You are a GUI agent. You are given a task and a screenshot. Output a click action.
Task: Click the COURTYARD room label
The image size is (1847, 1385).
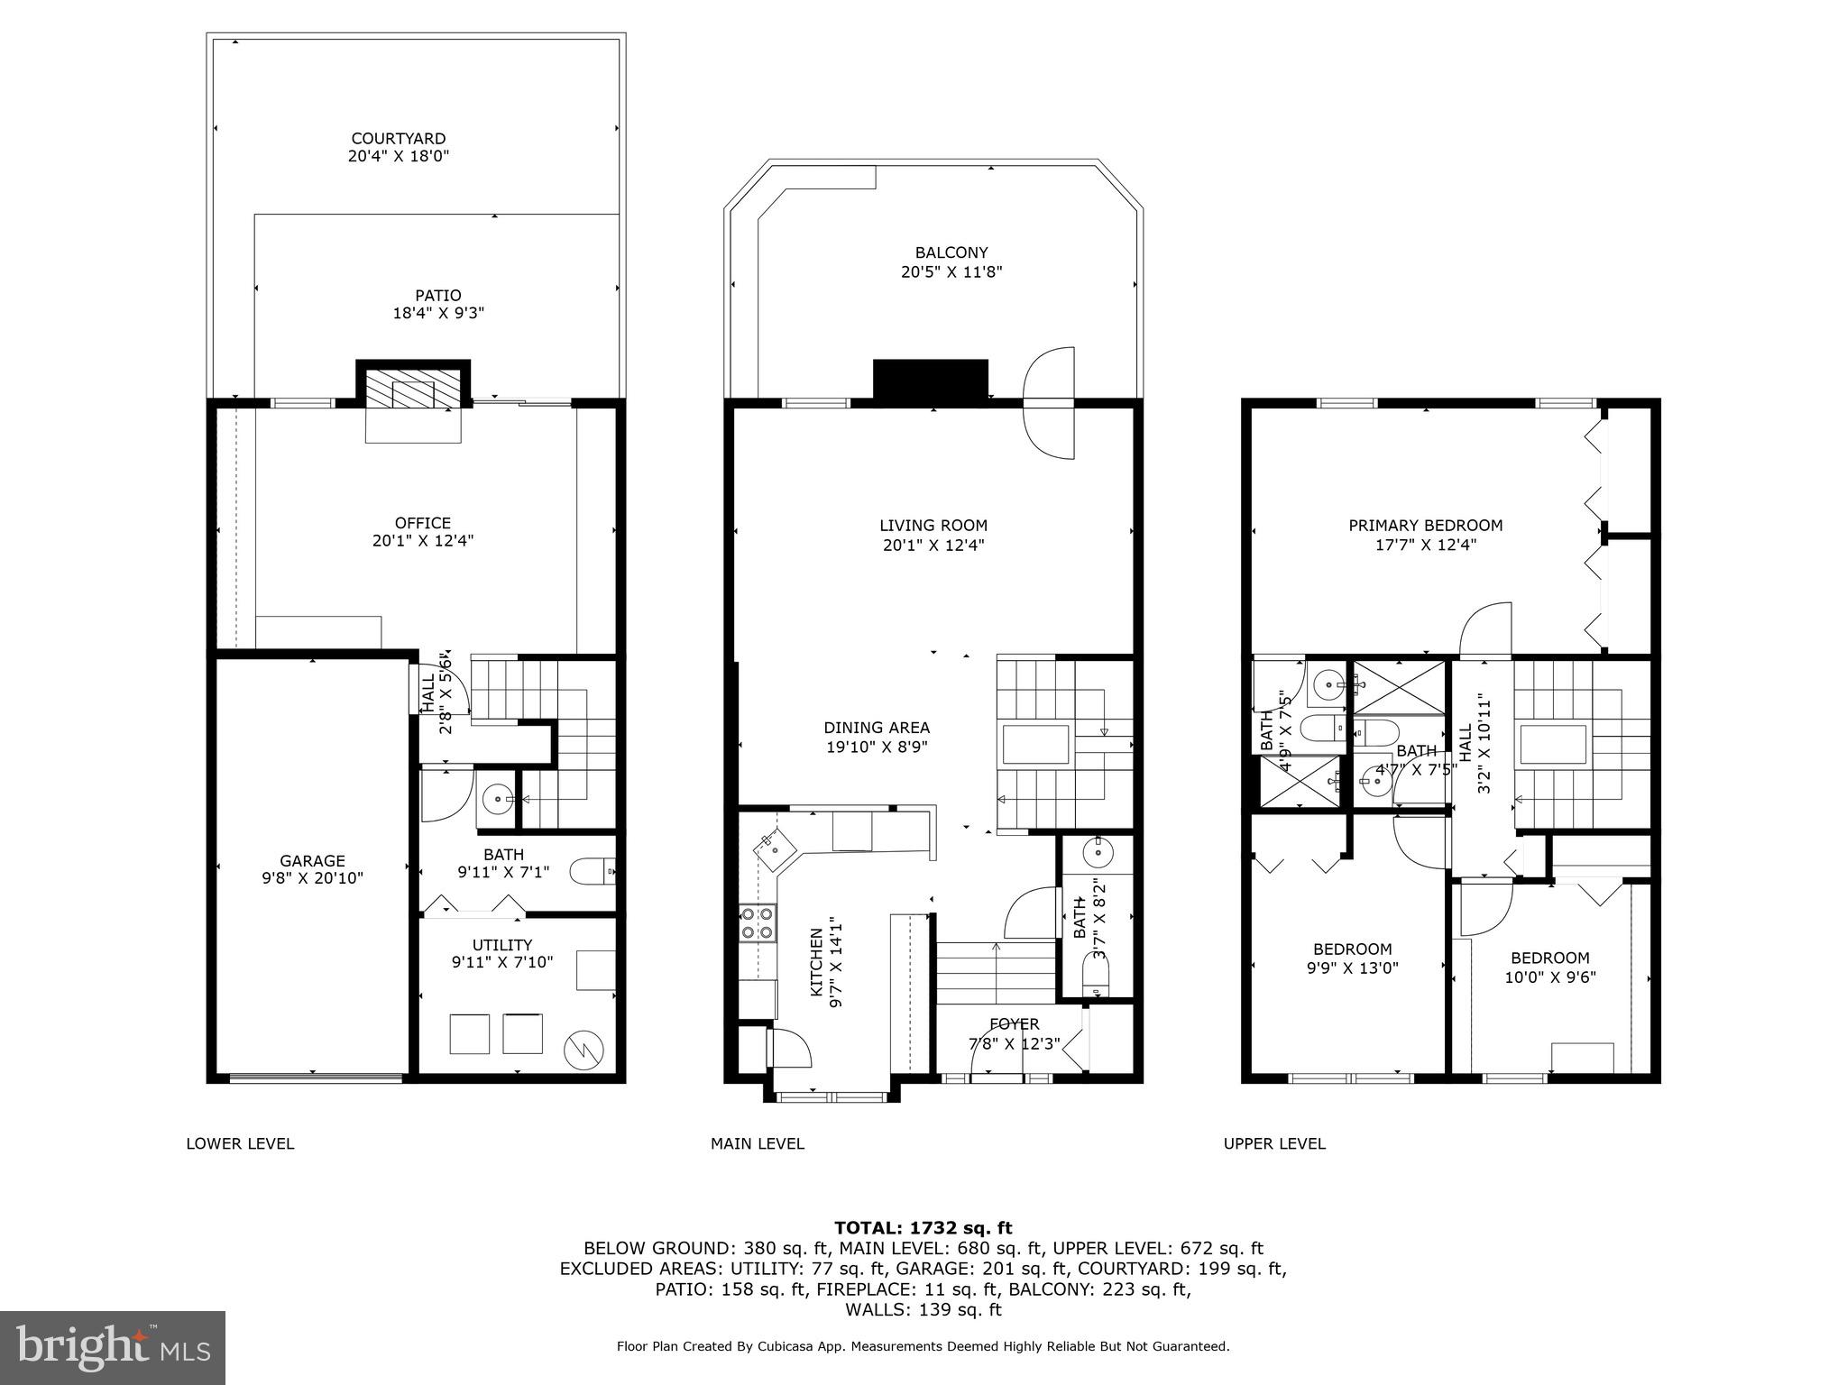tap(398, 139)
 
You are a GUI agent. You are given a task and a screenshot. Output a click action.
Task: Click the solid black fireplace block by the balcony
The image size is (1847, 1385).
tap(930, 379)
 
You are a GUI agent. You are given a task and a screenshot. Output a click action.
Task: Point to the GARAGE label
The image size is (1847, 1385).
tap(312, 860)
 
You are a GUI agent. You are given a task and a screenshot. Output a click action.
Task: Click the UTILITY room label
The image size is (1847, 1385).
tap(501, 944)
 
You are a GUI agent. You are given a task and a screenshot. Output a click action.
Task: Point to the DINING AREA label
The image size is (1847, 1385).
tap(876, 728)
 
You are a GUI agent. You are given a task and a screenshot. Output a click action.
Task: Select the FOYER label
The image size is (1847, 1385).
tap(1014, 1023)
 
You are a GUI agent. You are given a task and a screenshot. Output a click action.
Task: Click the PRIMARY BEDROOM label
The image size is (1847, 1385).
tap(1425, 525)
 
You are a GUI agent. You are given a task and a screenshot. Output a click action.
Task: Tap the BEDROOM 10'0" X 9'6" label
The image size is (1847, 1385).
tap(1549, 958)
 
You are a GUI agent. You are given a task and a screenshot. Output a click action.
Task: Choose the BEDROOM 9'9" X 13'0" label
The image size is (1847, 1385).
tap(1352, 949)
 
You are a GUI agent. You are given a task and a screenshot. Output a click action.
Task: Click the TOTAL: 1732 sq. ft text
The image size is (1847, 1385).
tap(923, 1227)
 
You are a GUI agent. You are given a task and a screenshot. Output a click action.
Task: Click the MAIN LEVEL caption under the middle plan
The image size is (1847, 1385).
tap(757, 1143)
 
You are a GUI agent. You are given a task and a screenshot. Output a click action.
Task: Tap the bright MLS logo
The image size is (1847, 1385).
tap(113, 1347)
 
